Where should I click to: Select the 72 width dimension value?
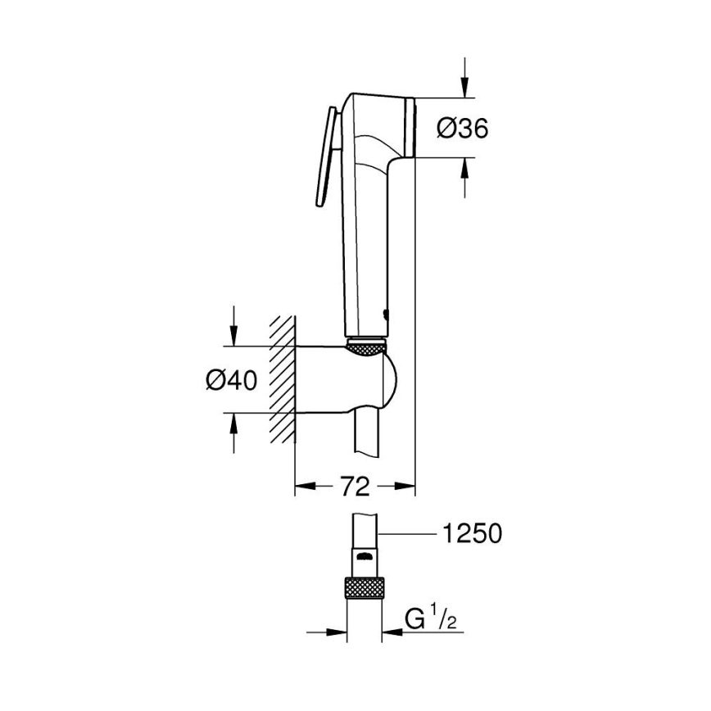tap(355, 487)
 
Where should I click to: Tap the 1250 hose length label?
tap(471, 534)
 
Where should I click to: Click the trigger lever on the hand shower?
tap(324, 156)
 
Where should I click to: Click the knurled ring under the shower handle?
tap(366, 348)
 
